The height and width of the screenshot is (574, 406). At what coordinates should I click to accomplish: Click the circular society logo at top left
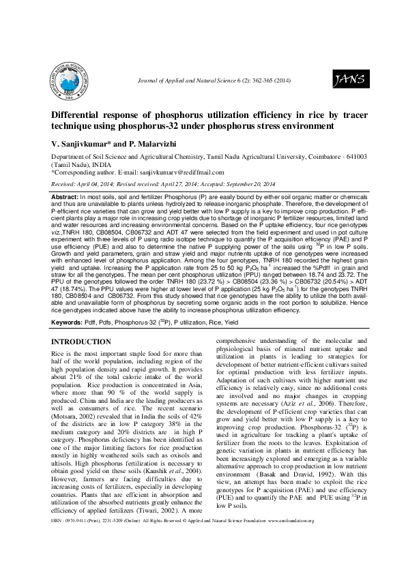tap(72, 80)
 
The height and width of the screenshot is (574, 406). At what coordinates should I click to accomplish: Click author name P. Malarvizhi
tap(152, 145)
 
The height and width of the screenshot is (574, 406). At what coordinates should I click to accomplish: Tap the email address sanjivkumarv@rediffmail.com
tap(180, 172)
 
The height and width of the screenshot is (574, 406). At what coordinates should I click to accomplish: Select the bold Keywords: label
tap(68, 320)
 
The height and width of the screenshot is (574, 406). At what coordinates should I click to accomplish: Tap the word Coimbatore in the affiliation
tap(314, 156)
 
